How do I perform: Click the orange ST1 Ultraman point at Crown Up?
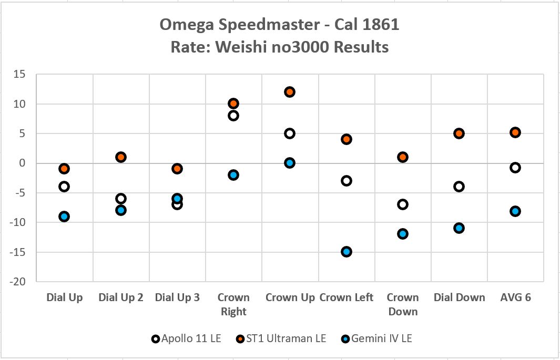[290, 92]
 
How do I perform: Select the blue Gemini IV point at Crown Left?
[346, 252]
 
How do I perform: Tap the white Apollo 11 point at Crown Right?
[233, 116]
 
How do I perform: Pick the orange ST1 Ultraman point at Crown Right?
[233, 104]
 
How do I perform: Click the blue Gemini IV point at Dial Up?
[64, 217]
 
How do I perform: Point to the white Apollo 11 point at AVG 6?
[515, 168]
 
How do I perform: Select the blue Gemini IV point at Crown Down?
[403, 234]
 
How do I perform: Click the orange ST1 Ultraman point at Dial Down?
[459, 133]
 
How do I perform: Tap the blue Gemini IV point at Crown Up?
[290, 163]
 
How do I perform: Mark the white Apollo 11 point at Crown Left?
[346, 181]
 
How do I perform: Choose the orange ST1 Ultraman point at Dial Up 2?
[120, 157]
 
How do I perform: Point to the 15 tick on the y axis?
[19, 74]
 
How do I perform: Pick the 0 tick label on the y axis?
[22, 163]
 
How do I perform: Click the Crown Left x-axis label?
[346, 297]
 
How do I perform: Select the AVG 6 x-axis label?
[515, 297]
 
